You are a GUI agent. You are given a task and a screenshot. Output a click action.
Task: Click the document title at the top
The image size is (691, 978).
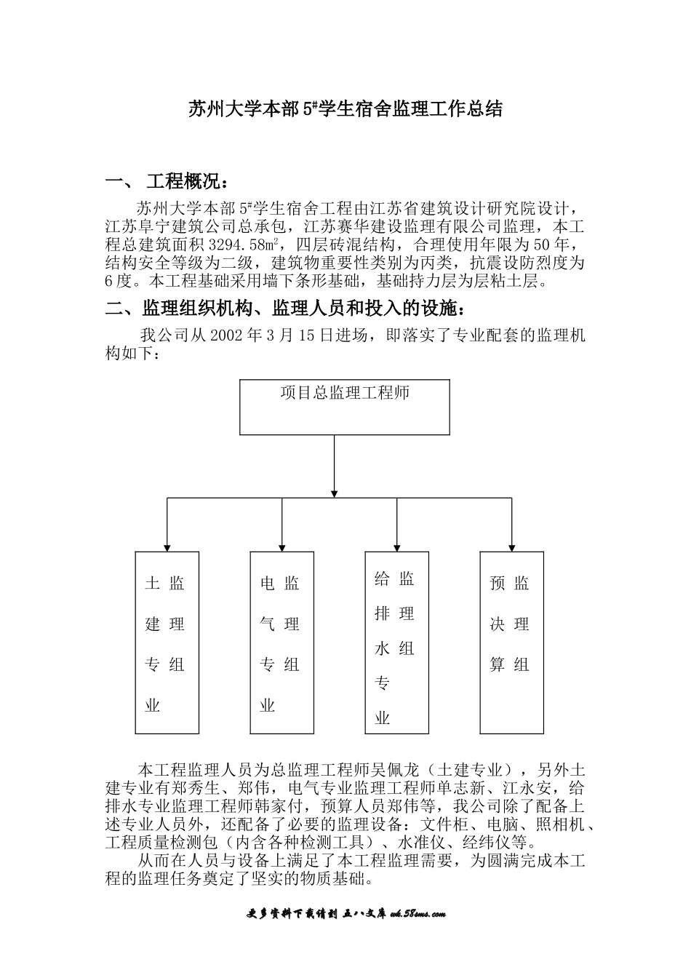click(345, 111)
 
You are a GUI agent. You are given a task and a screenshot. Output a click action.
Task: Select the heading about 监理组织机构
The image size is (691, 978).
click(284, 309)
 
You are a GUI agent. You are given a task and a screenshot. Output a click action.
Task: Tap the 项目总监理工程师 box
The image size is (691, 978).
click(345, 407)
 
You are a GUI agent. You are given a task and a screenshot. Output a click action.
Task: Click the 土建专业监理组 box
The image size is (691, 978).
click(167, 643)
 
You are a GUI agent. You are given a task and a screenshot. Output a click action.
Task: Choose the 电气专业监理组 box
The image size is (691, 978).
click(281, 643)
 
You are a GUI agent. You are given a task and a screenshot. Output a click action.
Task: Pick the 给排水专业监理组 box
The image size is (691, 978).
click(396, 643)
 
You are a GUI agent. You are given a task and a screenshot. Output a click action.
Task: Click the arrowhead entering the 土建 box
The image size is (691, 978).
click(167, 546)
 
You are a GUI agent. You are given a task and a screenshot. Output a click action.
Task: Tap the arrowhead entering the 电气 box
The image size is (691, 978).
click(282, 546)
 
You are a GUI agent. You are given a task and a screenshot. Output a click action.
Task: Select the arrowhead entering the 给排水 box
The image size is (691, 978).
click(397, 546)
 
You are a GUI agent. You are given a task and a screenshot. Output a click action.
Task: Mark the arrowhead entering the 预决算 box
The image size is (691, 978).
click(512, 546)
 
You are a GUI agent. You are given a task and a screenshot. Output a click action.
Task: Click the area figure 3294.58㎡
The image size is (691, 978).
click(249, 244)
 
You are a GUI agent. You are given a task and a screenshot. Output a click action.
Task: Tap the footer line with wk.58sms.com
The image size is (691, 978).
click(345, 914)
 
